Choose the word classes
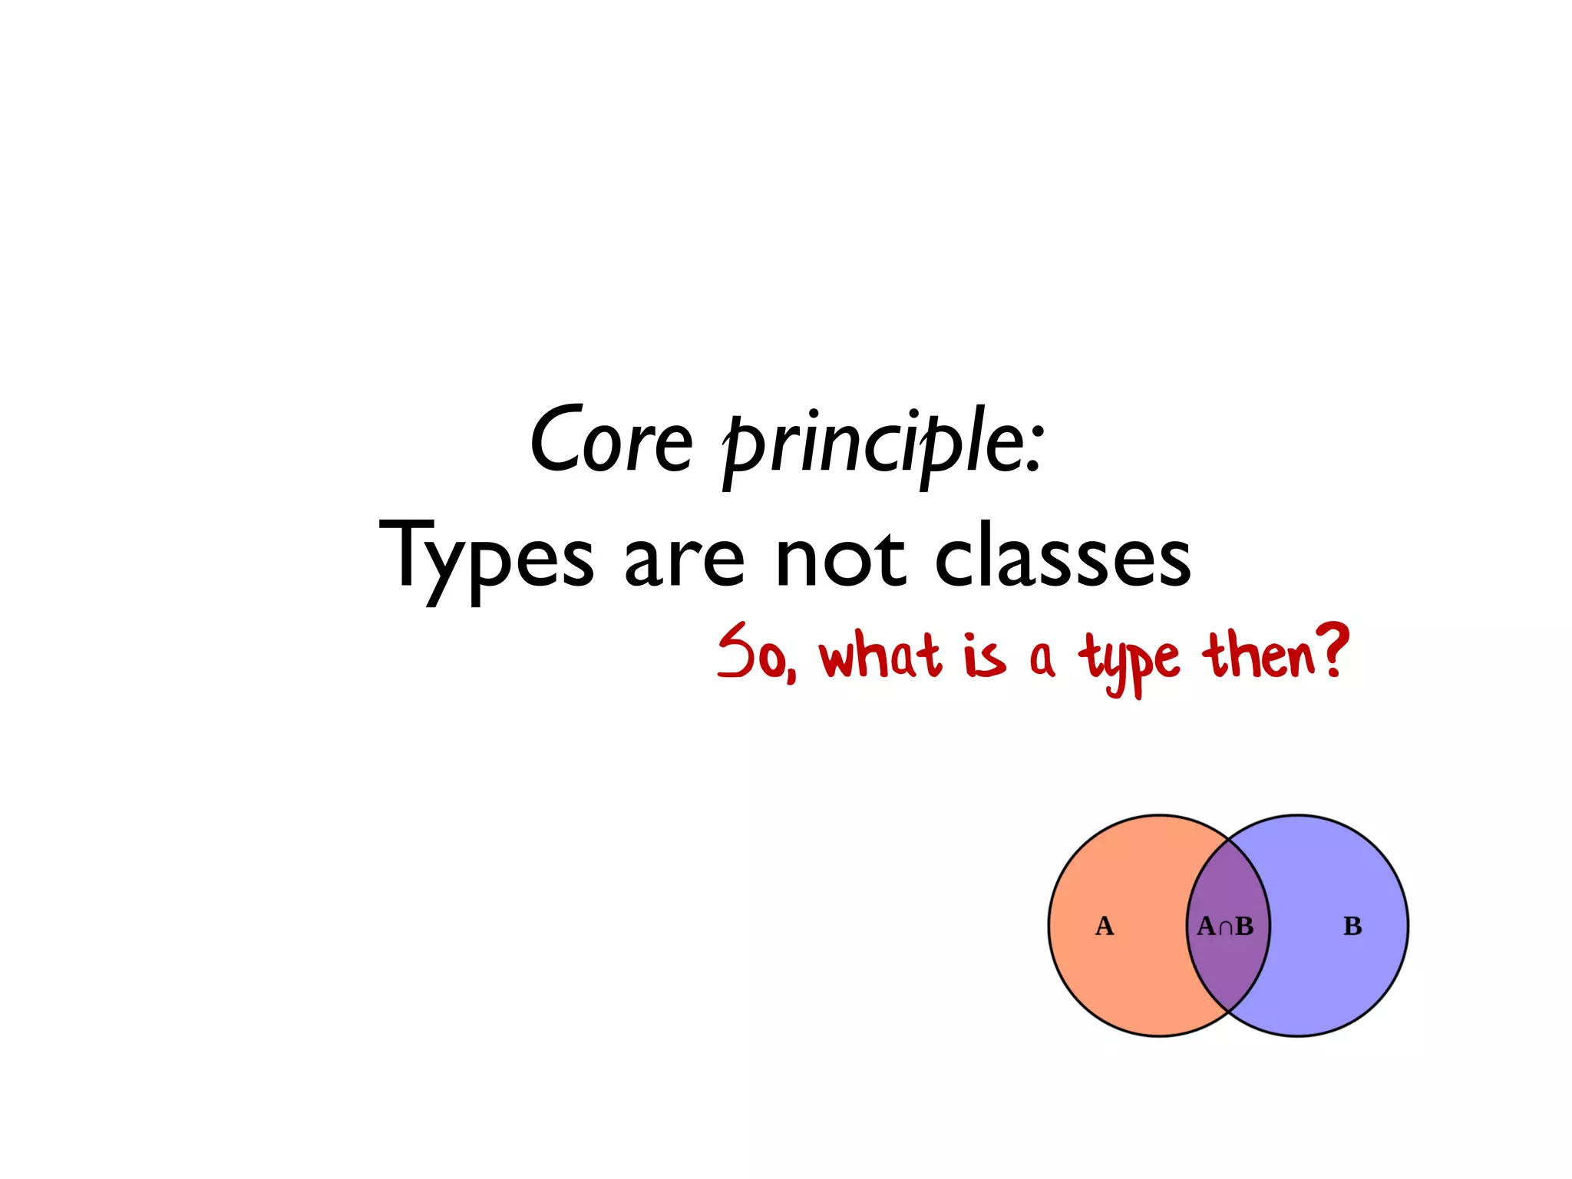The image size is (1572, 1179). pyautogui.click(x=1063, y=559)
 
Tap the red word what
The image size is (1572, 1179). pyautogui.click(x=880, y=656)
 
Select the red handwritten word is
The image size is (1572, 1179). pyautogui.click(x=984, y=657)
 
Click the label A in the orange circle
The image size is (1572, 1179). pyautogui.click(x=1104, y=926)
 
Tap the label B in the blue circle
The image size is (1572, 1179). pyautogui.click(x=1352, y=926)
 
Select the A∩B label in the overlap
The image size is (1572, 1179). pyautogui.click(x=1225, y=926)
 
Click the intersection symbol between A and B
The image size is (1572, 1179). pyautogui.click(x=1226, y=928)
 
